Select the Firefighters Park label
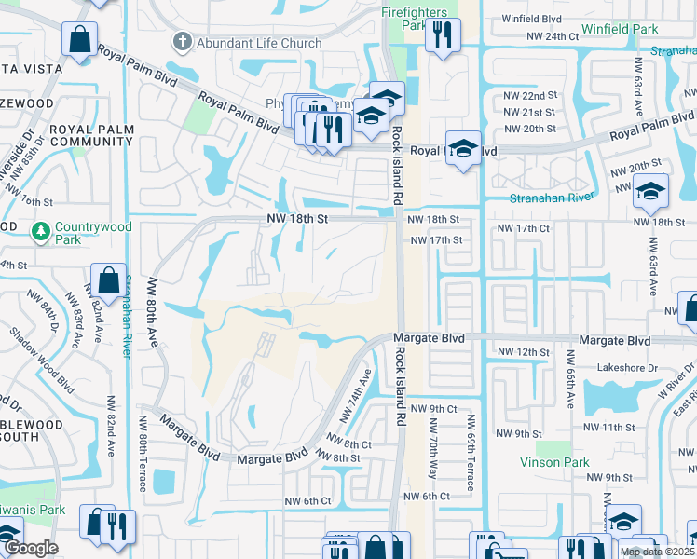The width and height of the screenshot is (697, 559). click(x=416, y=19)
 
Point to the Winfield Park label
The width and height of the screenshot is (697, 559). click(x=620, y=30)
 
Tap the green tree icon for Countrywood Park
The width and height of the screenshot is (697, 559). click(x=41, y=230)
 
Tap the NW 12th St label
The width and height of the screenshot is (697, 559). click(x=520, y=351)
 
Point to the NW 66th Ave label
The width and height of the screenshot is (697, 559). click(x=570, y=376)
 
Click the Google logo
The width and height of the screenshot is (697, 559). click(x=31, y=548)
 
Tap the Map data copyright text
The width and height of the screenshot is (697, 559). click(x=658, y=552)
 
